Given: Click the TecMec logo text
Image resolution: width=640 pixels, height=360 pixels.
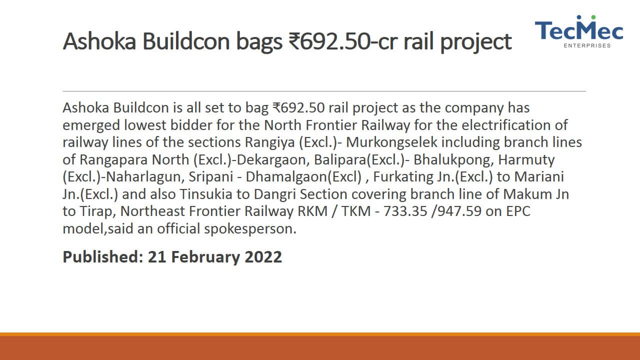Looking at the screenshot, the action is (579, 30).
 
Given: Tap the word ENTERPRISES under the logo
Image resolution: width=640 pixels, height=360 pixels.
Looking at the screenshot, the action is (587, 45).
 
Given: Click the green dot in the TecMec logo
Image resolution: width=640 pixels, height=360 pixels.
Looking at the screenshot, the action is (593, 17).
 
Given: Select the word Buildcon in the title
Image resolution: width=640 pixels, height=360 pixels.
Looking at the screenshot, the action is (186, 41).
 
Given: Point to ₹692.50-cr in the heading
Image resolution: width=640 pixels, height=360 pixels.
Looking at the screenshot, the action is (343, 41).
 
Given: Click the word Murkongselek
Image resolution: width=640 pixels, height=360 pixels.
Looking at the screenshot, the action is (391, 142).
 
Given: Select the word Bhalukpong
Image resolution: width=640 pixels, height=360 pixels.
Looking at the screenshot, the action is (453, 159).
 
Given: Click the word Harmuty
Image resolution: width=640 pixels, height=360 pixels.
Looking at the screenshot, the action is (526, 159).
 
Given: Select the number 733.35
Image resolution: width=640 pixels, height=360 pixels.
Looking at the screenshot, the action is (405, 211).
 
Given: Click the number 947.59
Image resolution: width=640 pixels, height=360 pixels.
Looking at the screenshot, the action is (459, 211).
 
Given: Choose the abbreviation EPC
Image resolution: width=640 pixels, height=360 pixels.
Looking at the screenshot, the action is (518, 211).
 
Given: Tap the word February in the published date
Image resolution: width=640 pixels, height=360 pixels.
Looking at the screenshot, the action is (205, 257).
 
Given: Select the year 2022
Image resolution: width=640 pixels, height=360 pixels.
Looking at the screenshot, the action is (263, 257).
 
